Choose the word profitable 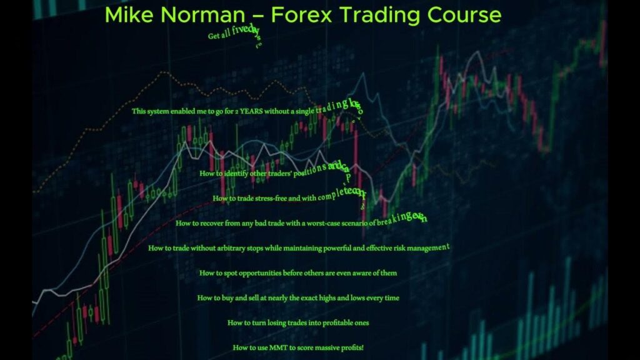(339, 323)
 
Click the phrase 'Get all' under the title (219, 36)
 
